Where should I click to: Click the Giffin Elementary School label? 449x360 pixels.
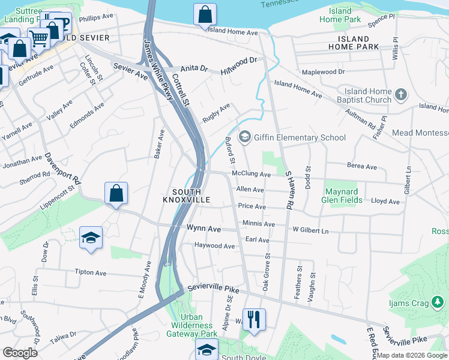[x=300, y=137]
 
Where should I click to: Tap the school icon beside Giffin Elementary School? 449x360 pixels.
[x=244, y=137]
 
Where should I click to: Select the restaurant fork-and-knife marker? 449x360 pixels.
[x=254, y=319]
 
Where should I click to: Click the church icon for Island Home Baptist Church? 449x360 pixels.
[x=401, y=95]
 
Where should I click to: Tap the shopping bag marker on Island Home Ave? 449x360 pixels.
[x=205, y=14]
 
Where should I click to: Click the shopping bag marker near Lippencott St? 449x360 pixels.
[x=116, y=193]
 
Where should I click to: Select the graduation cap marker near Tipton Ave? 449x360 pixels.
[x=91, y=238]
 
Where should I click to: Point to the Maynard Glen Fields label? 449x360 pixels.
[x=343, y=196]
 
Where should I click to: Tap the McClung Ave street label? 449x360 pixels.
[x=251, y=175]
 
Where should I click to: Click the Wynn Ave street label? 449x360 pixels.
[x=203, y=229]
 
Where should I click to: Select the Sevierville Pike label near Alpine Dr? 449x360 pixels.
[x=212, y=290]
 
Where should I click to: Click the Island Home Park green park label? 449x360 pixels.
[x=340, y=16]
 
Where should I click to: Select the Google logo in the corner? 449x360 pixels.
[x=20, y=353]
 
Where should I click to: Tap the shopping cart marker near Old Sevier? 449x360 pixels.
[x=38, y=38]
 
